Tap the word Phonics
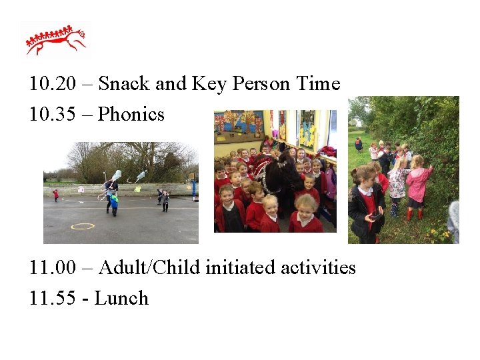point(131,114)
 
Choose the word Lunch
point(121,298)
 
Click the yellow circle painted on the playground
point(82,227)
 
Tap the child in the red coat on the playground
point(55,195)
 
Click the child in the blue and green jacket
point(114,203)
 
